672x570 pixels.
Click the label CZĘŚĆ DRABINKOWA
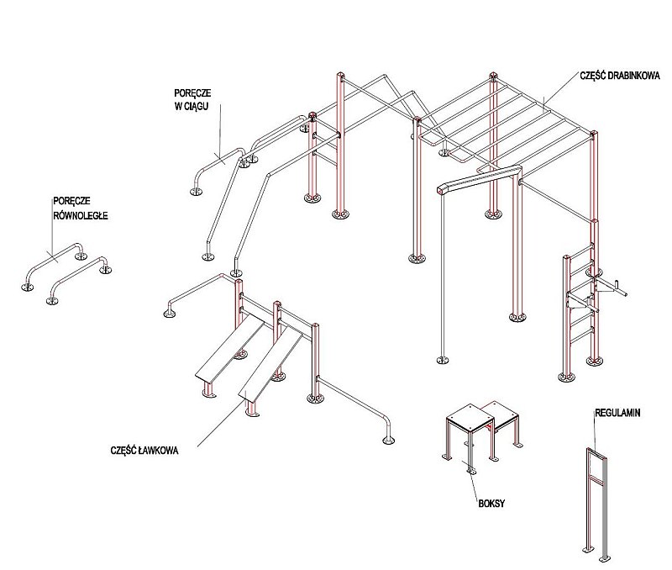[x=620, y=75]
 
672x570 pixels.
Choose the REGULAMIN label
[x=618, y=414]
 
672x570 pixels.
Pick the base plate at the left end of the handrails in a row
[x=196, y=192]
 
